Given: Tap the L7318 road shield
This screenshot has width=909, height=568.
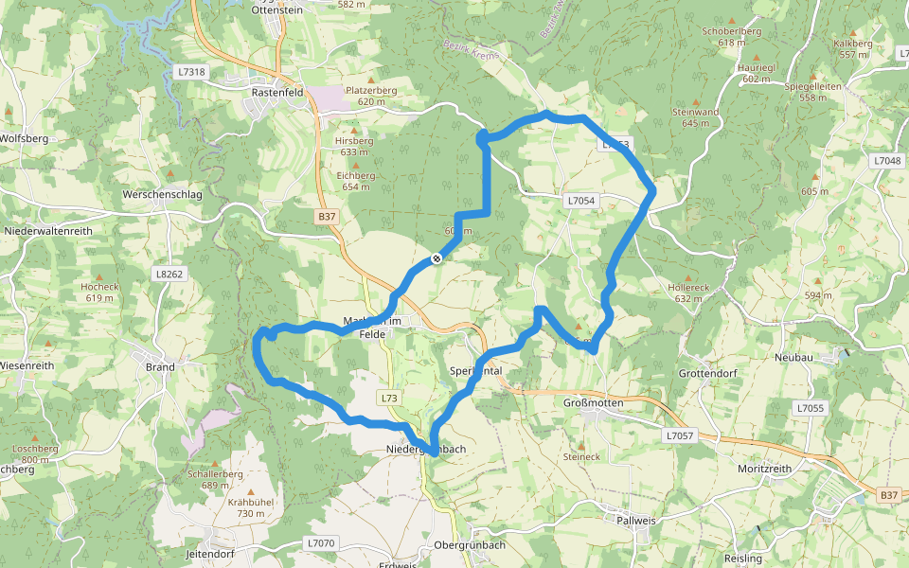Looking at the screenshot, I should (x=190, y=72).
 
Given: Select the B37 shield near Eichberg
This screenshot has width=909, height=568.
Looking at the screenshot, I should (x=327, y=217).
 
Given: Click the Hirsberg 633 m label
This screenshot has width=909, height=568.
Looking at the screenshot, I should (x=353, y=146).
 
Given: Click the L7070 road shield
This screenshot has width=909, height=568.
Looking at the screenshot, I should (x=321, y=543).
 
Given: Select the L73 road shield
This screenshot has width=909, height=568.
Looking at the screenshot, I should (x=390, y=398).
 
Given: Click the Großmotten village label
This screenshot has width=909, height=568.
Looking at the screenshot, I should (x=587, y=401).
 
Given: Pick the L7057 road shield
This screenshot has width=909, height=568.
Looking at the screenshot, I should (x=680, y=435).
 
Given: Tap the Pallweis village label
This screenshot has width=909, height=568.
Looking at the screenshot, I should (x=636, y=521).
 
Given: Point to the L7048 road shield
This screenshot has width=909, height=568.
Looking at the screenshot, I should (x=887, y=161).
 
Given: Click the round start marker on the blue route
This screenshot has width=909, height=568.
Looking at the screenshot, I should (x=437, y=258).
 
